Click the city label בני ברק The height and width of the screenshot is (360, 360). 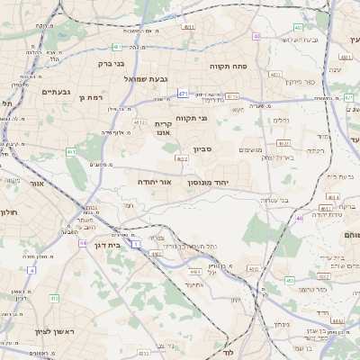112,64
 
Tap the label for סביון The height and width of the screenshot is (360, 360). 202,150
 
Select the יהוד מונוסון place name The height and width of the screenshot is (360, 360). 209,182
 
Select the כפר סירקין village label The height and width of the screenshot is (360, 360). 286,82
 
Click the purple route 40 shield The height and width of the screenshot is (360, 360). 256,37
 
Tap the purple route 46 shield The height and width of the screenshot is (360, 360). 299,218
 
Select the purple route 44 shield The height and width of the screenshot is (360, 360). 82,243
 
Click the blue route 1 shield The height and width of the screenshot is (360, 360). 136,243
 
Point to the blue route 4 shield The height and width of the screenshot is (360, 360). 31,269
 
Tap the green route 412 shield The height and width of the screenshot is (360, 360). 54,298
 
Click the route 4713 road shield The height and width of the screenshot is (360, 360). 232,96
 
